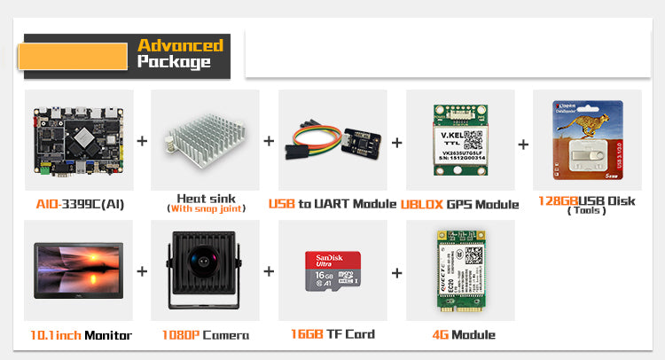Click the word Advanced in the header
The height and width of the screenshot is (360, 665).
tap(180, 45)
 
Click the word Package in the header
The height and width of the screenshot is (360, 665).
tap(174, 62)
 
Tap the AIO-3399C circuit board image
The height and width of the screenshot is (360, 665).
tap(79, 141)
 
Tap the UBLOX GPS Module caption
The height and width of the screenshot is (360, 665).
tap(458, 204)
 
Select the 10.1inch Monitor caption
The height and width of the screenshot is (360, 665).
tap(80, 335)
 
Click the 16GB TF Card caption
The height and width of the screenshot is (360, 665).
tap(332, 334)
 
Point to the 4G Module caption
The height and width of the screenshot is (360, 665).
tap(459, 334)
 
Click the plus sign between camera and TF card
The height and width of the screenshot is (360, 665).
tap(269, 271)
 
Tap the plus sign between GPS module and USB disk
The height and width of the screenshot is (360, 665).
tap(523, 144)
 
